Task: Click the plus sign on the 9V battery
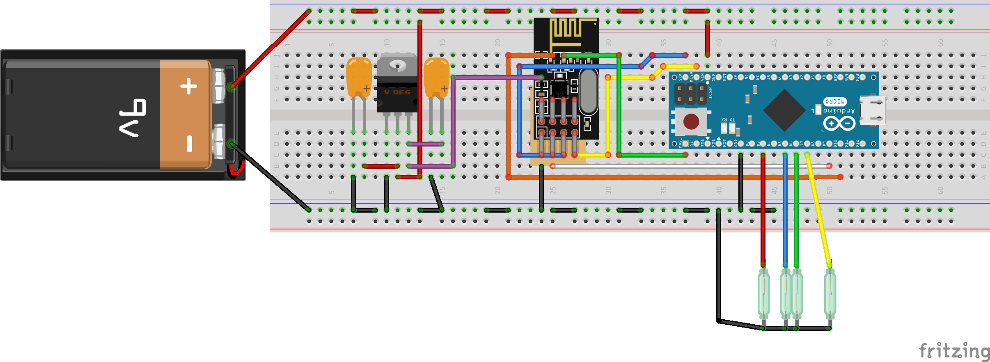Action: tap(189, 86)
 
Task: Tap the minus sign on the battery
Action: tap(189, 144)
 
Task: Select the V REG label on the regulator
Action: tap(397, 92)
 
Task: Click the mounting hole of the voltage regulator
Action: tap(397, 65)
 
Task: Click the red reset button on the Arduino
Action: tap(691, 121)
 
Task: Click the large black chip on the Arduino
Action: tap(784, 110)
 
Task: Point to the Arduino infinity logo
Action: tap(839, 124)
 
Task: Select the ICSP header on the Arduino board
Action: tap(691, 94)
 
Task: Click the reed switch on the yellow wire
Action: tap(830, 294)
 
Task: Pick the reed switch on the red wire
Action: tap(763, 294)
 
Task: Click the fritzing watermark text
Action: tap(954, 351)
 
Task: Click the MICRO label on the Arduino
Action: tap(835, 101)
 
